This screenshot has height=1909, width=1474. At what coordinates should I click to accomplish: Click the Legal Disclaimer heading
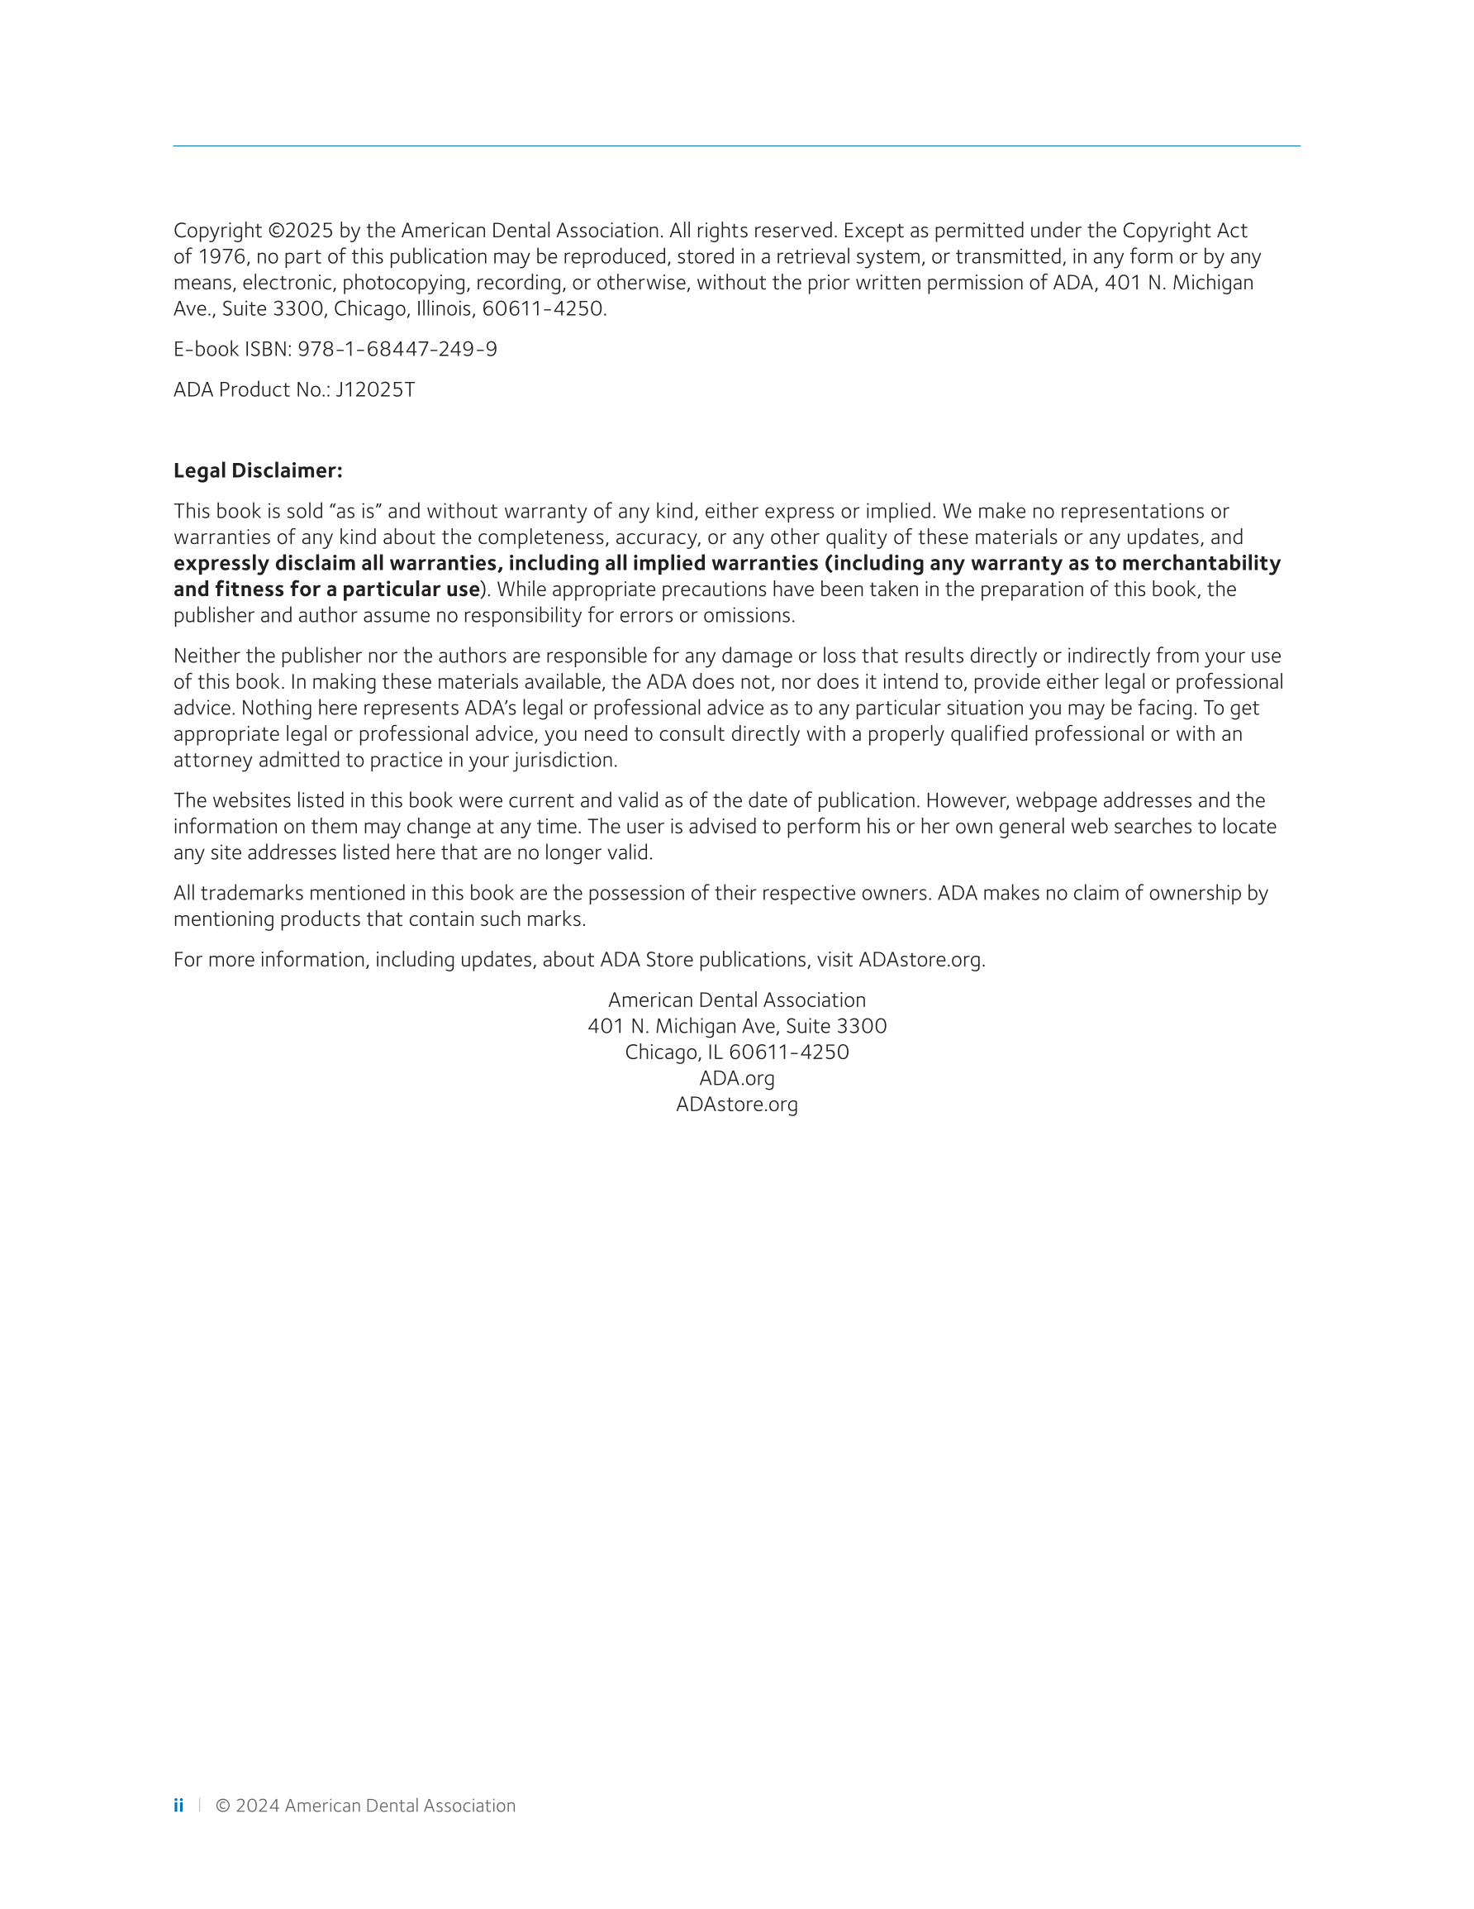point(258,470)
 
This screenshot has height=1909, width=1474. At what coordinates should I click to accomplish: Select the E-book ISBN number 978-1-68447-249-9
point(397,350)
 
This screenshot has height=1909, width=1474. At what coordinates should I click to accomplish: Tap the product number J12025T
point(376,390)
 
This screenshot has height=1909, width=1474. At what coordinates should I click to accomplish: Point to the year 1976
point(222,257)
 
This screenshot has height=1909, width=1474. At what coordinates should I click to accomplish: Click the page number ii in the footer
point(178,1805)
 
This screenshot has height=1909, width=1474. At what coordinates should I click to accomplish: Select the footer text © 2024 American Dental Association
point(365,1805)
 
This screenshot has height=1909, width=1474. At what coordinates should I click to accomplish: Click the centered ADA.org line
point(736,1079)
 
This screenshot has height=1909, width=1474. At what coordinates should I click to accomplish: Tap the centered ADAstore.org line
point(736,1105)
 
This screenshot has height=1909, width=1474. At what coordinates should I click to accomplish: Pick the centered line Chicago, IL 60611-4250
point(736,1052)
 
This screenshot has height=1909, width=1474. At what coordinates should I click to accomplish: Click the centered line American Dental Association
point(736,1000)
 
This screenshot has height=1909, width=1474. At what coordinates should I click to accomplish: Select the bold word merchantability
point(1201,564)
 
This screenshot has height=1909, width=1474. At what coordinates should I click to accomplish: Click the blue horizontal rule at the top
point(736,146)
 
